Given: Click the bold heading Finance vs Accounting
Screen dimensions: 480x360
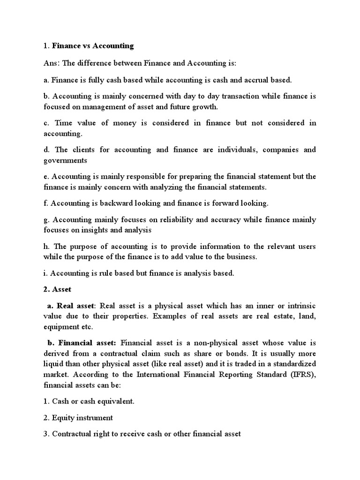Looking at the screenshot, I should click(93, 46).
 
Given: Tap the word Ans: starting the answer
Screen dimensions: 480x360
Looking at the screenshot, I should click(52, 63).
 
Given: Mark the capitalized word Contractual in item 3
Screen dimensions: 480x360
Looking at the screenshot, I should click(72, 434).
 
